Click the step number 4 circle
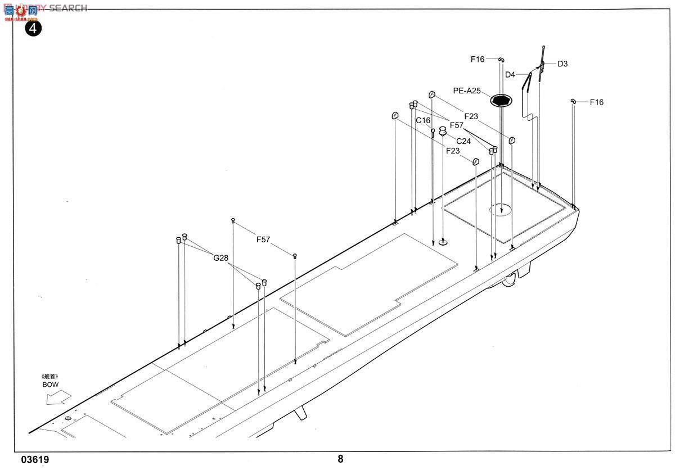(x=33, y=28)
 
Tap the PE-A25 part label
(x=467, y=91)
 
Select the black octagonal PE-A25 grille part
(x=500, y=101)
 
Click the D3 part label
(x=562, y=64)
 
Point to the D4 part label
(x=510, y=75)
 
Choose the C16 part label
(x=423, y=120)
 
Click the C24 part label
(x=463, y=141)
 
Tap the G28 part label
(x=220, y=258)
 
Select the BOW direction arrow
(x=58, y=397)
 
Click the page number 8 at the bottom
(x=340, y=459)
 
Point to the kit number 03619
(x=35, y=460)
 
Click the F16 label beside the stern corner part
(x=596, y=102)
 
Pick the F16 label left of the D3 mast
(x=478, y=59)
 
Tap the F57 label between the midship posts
(x=263, y=239)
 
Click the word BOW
(x=50, y=385)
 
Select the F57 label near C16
(x=456, y=125)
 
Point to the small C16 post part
(x=433, y=132)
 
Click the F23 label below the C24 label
(x=453, y=151)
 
